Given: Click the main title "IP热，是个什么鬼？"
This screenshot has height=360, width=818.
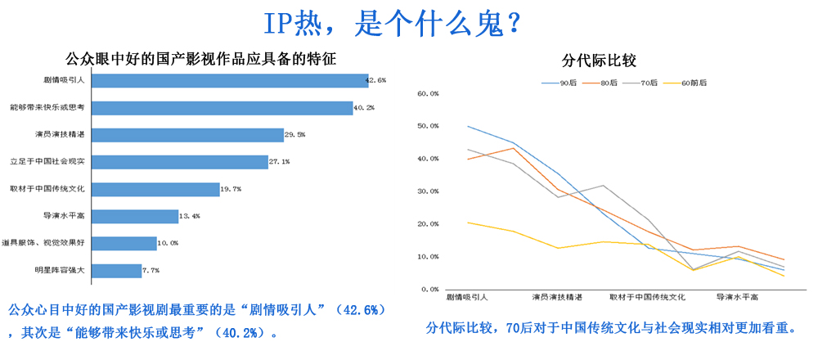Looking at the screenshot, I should [x=393, y=24].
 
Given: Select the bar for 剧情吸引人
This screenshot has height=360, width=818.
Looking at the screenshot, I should [x=229, y=80].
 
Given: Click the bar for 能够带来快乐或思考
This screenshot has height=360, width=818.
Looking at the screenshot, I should [x=222, y=108].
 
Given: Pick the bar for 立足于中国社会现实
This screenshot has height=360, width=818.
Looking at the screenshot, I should [x=179, y=162].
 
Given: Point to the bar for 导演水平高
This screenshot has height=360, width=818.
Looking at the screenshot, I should [x=134, y=216].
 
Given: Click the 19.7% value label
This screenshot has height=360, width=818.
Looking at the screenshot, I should [x=231, y=189].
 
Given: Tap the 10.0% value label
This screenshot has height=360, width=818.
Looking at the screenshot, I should [x=168, y=243].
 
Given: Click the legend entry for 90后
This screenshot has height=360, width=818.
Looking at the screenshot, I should [x=563, y=83].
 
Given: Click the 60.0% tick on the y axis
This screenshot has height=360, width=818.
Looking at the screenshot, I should [x=429, y=93].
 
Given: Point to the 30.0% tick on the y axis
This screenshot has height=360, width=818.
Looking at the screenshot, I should [x=429, y=191].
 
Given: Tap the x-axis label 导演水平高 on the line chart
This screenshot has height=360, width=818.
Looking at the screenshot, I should [x=736, y=297].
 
